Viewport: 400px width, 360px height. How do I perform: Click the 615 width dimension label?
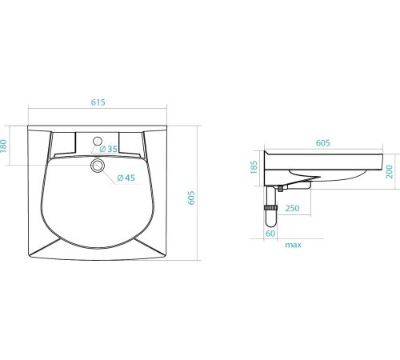(x=98, y=102)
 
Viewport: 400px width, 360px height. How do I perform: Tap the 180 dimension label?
(x=4, y=146)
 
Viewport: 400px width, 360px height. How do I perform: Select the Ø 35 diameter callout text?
(x=108, y=149)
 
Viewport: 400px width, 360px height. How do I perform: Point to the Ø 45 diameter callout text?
(x=126, y=178)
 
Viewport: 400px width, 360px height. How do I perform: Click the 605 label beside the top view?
(x=191, y=198)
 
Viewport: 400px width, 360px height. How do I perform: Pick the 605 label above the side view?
(x=323, y=143)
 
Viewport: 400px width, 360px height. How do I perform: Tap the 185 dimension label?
(x=254, y=167)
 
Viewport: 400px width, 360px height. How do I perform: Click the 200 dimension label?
(x=390, y=172)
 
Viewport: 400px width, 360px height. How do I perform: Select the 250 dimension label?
(x=293, y=208)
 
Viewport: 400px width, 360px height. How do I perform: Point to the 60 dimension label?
(x=270, y=234)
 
